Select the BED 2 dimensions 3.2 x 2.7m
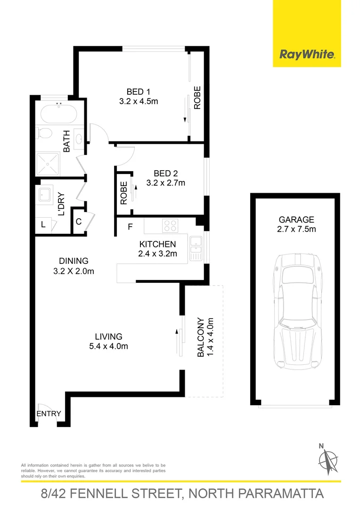coord(165,183)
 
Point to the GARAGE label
coord(296,219)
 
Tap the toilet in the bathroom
coord(45,134)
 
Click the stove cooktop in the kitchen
coord(170,225)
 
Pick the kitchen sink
coord(195,248)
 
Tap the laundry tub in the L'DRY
coord(47,195)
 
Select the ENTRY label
coord(49,414)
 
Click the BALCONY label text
coord(200,337)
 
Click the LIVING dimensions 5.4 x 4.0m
coord(109,346)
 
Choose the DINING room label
coord(74,261)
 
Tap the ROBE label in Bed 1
coord(197,98)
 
